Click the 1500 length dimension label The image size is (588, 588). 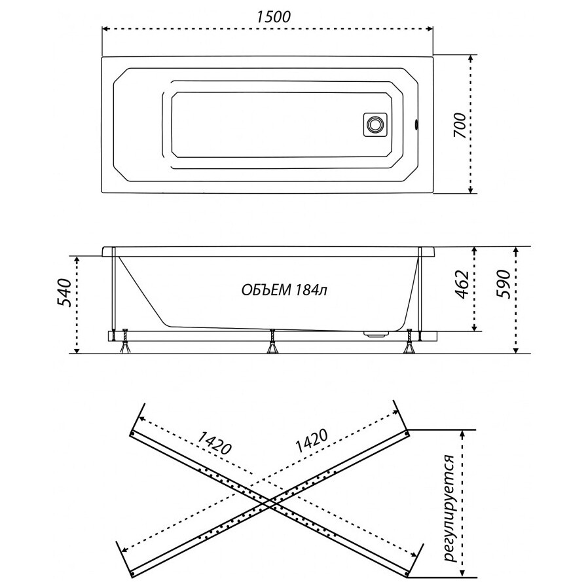point(274,17)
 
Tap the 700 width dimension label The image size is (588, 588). point(462,126)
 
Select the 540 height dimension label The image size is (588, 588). point(64,293)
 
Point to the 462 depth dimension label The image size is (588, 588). point(462,284)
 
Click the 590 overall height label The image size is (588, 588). point(504,284)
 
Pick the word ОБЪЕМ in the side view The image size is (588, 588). point(266,290)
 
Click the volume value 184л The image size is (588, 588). point(311,290)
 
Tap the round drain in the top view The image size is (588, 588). point(375,124)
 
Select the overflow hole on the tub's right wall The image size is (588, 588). point(416,124)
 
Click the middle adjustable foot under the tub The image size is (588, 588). point(272,342)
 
